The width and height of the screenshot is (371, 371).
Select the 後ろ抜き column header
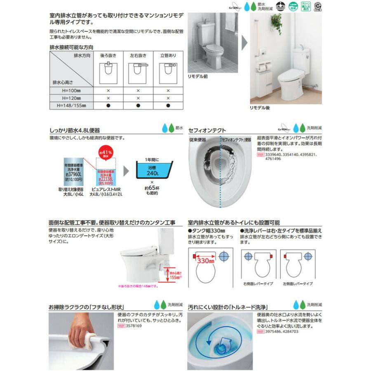108,55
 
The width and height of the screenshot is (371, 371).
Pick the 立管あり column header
168,55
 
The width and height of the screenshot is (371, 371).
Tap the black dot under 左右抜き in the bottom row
138,106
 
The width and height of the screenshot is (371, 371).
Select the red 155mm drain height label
175,277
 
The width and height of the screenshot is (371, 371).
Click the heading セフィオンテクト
207,130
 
